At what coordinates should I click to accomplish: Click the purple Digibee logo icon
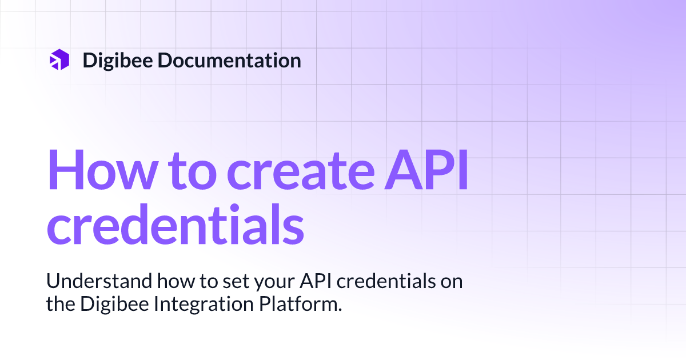click(x=59, y=60)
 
